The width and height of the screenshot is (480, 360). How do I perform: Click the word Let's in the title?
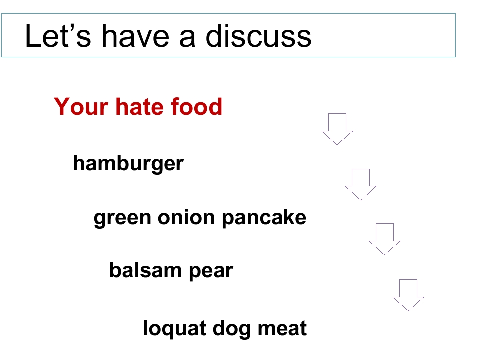[53, 36]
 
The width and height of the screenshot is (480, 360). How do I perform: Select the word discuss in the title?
[258, 36]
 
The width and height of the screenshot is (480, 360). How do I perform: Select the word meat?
[282, 329]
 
